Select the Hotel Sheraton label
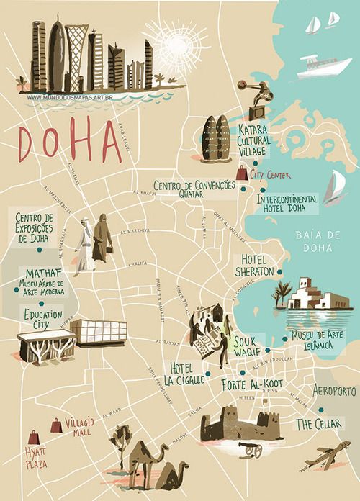(257, 265)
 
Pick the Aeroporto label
(334, 391)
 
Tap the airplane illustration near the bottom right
(324, 456)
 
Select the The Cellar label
(318, 424)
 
